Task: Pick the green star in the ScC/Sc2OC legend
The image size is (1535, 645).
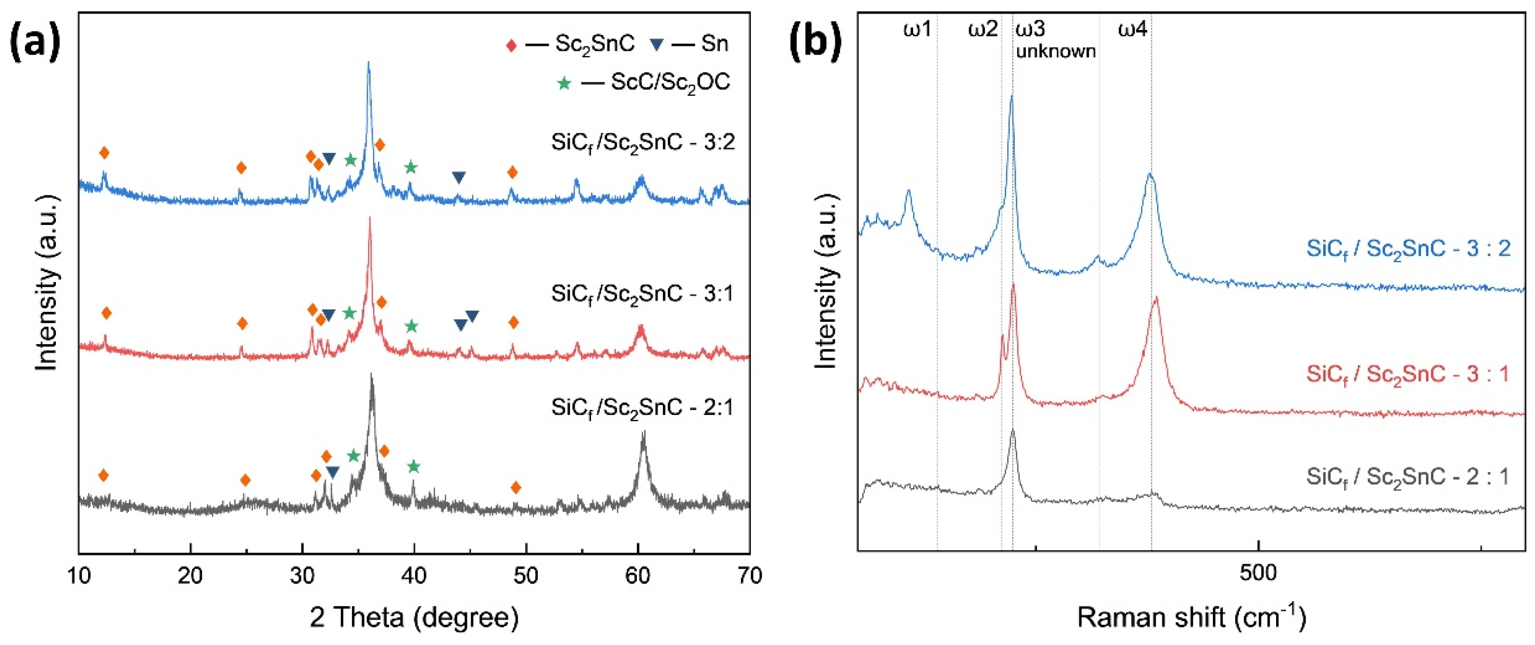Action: [x=564, y=83]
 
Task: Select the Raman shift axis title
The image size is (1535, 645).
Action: [x=1192, y=618]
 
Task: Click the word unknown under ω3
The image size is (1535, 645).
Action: [x=1056, y=52]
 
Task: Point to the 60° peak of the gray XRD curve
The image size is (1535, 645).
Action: [x=643, y=433]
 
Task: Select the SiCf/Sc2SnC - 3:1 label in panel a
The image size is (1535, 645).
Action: [x=642, y=295]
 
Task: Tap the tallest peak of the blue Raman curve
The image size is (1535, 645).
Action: [x=1011, y=96]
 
